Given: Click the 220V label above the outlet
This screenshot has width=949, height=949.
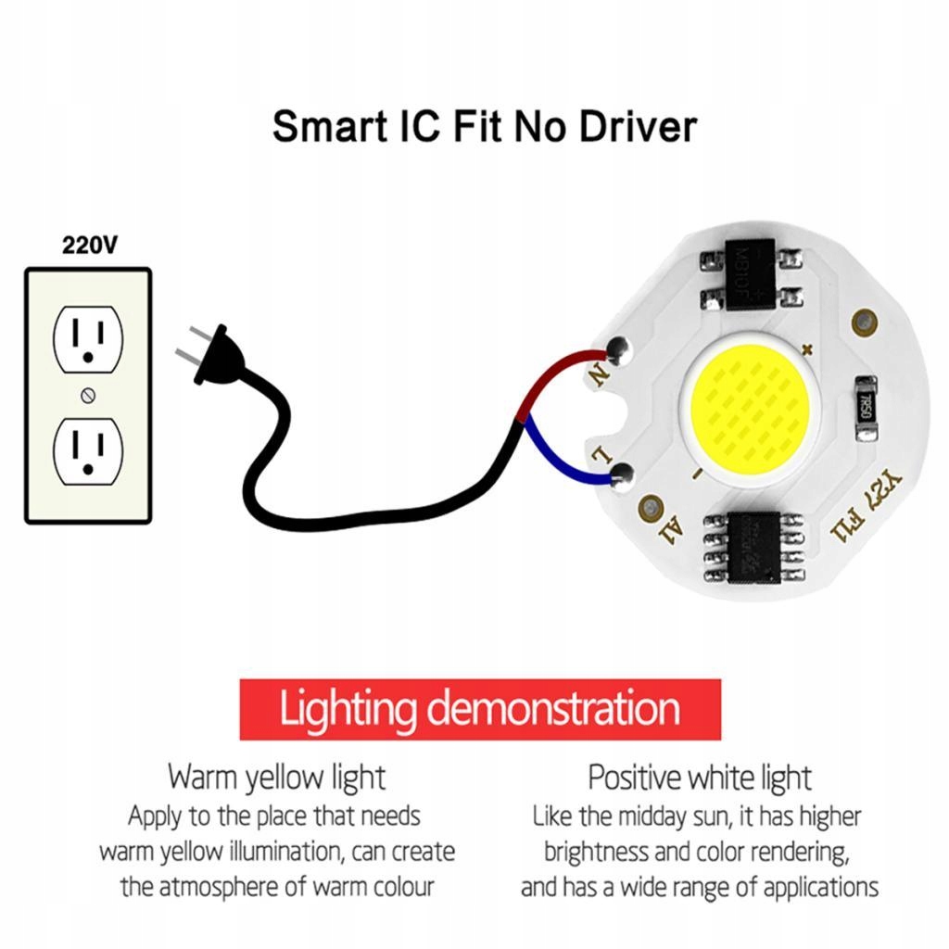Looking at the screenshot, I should click(x=90, y=246).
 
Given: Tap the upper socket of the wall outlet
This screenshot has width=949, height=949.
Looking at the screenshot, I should click(x=88, y=340).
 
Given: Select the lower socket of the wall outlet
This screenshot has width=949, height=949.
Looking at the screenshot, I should click(x=88, y=450).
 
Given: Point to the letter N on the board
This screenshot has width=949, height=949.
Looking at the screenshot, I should click(x=598, y=375).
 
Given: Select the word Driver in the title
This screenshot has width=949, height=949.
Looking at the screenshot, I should click(x=638, y=126).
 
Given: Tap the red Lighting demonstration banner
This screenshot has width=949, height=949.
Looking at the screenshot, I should click(x=480, y=710).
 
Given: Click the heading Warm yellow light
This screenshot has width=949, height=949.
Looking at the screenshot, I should click(x=276, y=777).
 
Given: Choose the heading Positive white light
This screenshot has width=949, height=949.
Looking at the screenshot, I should click(x=699, y=777).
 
